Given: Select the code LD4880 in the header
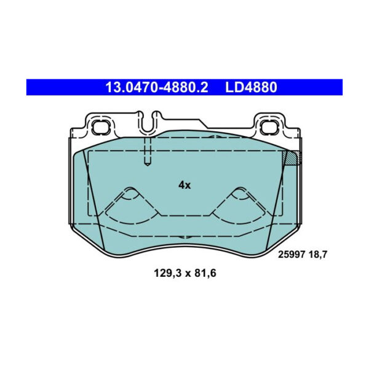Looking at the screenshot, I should pyautogui.click(x=251, y=87).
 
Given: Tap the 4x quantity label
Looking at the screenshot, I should pyautogui.click(x=184, y=184).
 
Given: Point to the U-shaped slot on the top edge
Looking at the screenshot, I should pyautogui.click(x=147, y=122).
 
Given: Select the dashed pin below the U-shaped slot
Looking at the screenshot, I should pyautogui.click(x=147, y=151).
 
